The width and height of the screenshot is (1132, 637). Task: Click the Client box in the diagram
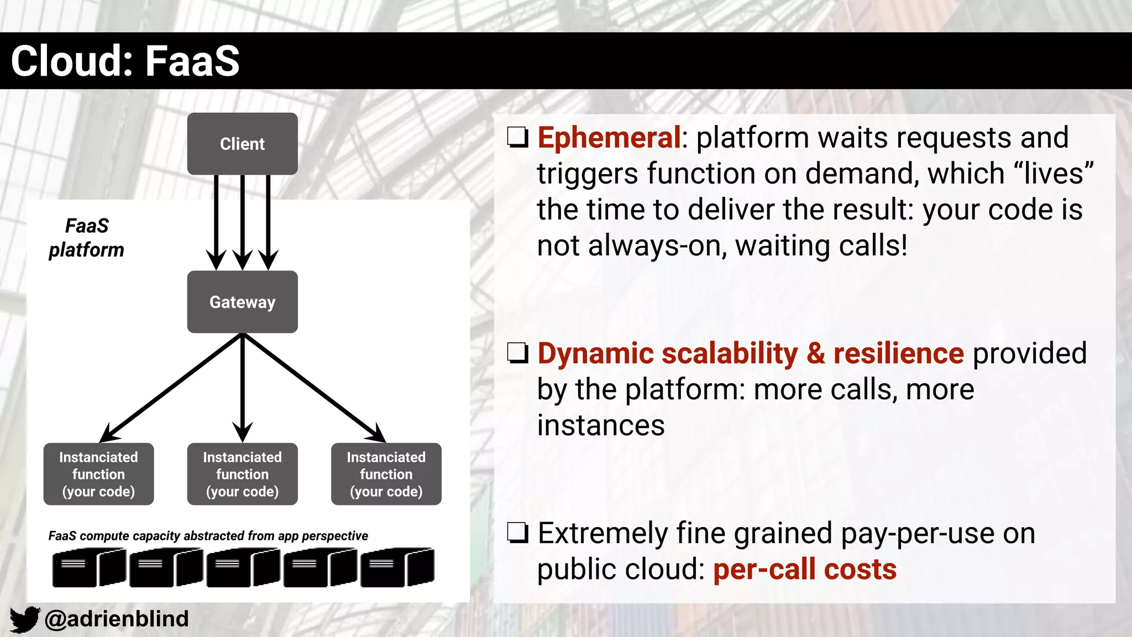242,144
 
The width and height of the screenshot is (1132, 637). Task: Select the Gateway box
242,302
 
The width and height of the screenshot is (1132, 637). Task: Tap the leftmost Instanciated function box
98,474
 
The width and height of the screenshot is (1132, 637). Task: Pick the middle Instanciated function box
242,474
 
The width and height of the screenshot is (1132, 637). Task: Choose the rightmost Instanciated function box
386,474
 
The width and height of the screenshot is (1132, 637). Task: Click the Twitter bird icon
24,619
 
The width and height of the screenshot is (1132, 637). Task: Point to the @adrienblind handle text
117,619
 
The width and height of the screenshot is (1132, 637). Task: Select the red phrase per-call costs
805,570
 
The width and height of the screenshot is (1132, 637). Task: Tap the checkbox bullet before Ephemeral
518,137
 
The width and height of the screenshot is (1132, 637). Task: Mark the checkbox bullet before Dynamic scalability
518,353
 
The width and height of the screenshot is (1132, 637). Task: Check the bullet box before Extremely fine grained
518,533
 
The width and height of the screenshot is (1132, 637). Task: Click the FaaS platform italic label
87,238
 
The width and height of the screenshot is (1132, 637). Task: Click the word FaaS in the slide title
192,61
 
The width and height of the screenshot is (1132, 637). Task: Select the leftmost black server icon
89,567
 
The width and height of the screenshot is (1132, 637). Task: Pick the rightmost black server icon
397,567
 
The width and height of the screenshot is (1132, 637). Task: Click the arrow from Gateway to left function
171,387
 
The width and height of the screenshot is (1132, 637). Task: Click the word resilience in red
899,353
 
